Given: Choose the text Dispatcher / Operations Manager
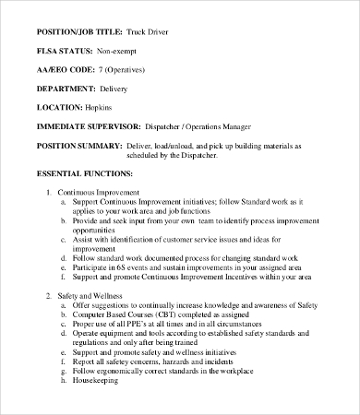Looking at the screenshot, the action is point(201,125).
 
